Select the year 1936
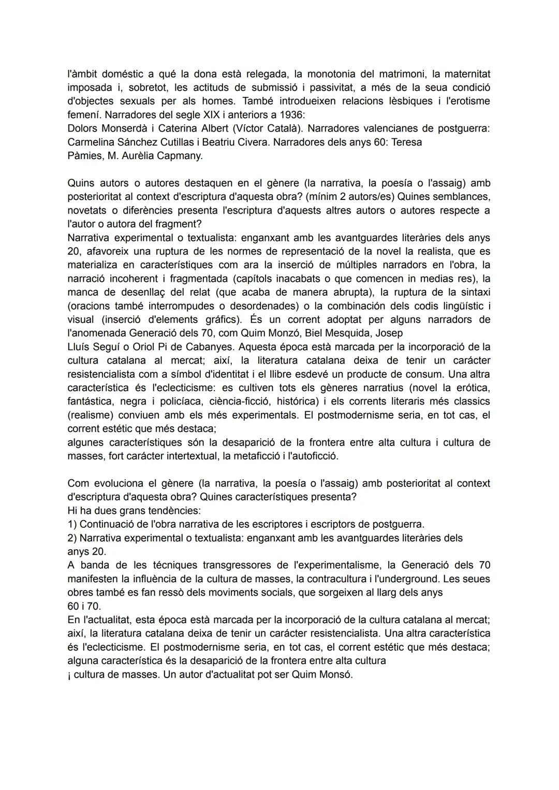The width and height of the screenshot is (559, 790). pos(294,114)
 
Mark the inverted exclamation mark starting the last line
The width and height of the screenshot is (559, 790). pos(69,675)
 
